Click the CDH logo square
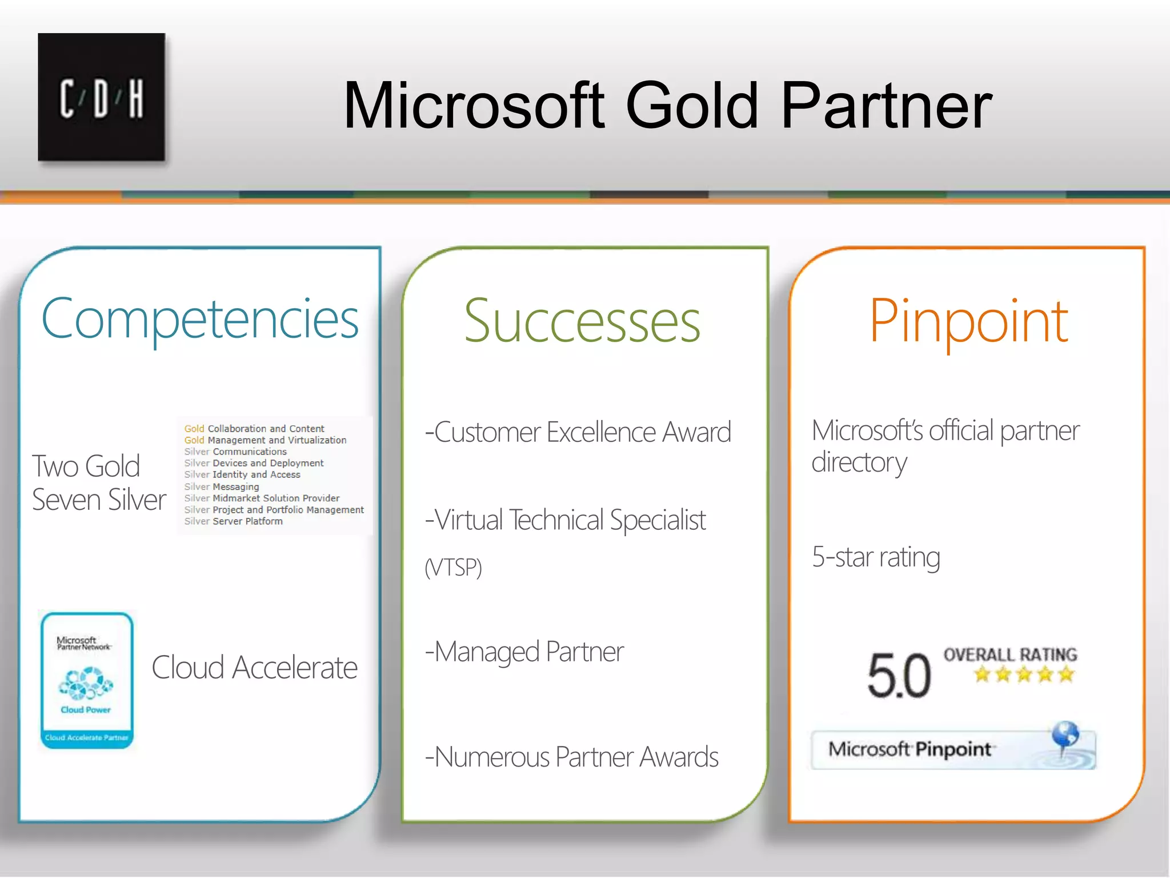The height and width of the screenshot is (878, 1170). point(102,97)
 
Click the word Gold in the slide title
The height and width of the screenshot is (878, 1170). point(692,106)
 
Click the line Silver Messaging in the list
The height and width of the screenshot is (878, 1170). point(222,486)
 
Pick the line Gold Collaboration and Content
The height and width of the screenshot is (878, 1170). point(254,429)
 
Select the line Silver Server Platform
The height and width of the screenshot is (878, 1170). point(233,521)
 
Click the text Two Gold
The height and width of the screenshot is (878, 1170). point(86,466)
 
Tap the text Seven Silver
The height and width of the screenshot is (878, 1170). point(99,500)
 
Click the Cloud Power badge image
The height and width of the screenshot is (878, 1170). point(87,680)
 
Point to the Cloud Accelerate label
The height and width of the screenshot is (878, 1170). point(254,668)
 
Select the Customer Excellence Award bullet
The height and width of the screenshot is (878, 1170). point(578,432)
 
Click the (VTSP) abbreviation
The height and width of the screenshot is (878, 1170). point(453,568)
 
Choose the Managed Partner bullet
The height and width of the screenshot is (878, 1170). point(524,652)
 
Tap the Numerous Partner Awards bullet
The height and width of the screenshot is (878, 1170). point(571,757)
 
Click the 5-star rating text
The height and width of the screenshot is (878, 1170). point(875,557)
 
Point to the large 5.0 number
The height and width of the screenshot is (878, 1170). point(899,676)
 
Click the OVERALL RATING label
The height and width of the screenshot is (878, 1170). point(1010,654)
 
